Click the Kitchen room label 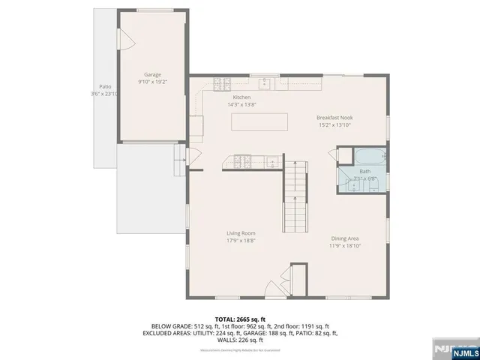[x=241, y=97]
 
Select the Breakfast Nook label [x=334, y=118]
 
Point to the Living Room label [x=241, y=233]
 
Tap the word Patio [x=104, y=87]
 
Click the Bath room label [x=364, y=172]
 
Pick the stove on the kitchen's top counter [x=221, y=84]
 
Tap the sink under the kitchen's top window [x=264, y=84]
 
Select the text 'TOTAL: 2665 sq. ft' [x=239, y=319]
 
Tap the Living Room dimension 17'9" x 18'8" [x=241, y=241]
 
